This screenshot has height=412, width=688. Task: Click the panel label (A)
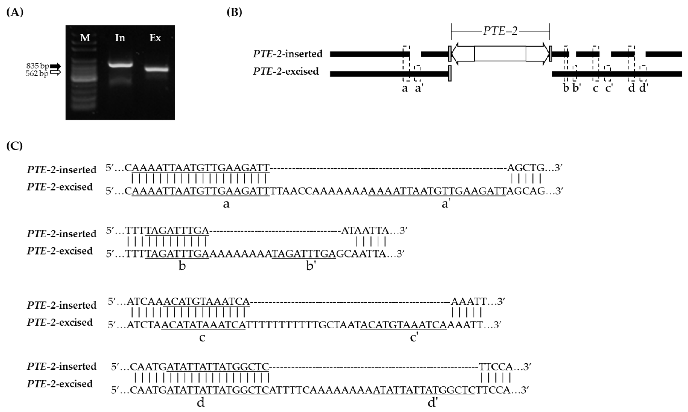(15, 13)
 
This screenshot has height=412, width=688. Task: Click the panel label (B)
(234, 13)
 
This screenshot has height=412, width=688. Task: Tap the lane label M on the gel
(85, 38)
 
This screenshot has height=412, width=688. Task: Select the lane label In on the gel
(120, 38)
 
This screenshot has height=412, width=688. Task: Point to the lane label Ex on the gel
(155, 38)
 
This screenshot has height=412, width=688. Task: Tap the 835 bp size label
(38, 66)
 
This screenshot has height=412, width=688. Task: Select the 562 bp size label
(37, 74)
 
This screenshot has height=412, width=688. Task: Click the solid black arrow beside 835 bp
(55, 66)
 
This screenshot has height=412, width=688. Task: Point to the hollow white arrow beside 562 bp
(55, 73)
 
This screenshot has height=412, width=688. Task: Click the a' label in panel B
(419, 88)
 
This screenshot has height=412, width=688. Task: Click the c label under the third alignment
(202, 338)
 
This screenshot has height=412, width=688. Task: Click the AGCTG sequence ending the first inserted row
(526, 168)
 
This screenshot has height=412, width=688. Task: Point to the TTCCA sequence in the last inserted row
(496, 367)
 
